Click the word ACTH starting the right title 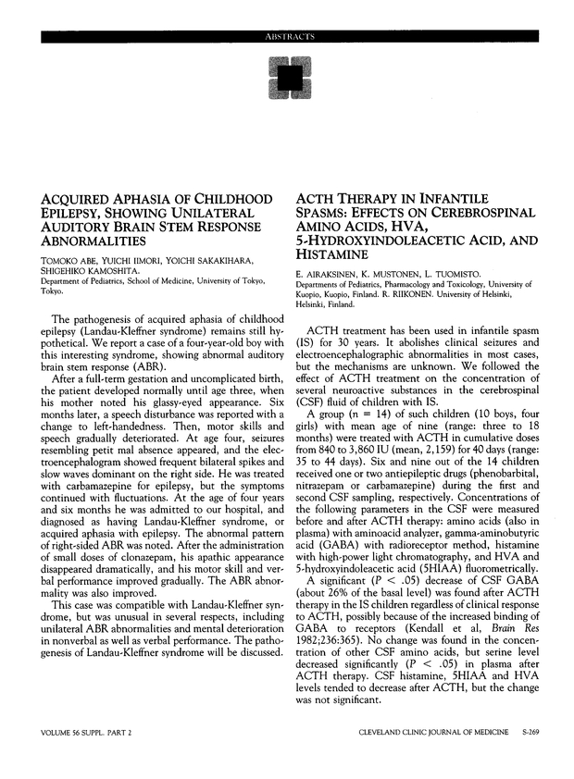point(316,200)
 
